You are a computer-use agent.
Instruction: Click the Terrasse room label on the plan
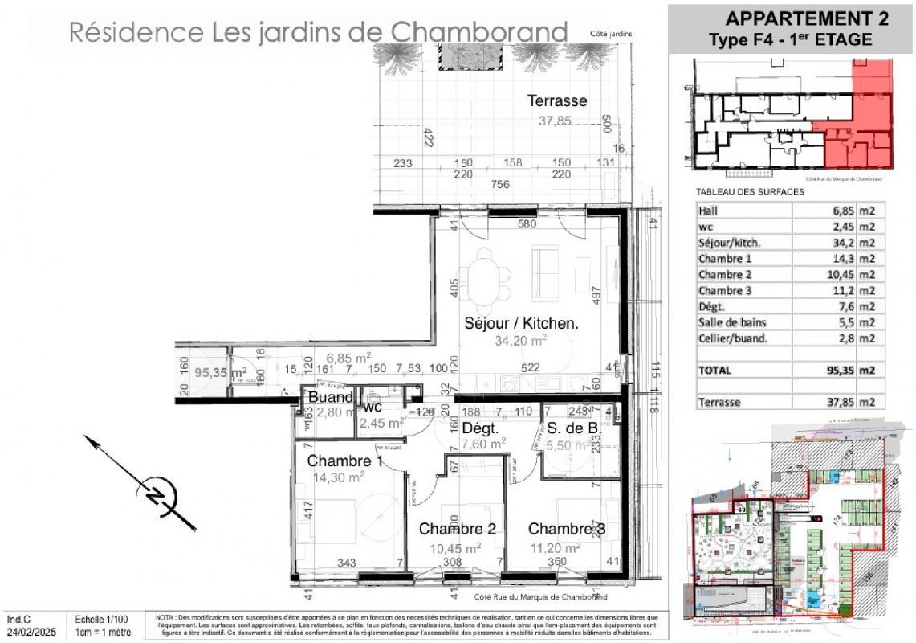(x=557, y=101)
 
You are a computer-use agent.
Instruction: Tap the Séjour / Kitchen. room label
(x=522, y=324)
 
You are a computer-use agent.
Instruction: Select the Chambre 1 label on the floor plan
(x=344, y=461)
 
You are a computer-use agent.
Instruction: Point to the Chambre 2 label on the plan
(x=457, y=529)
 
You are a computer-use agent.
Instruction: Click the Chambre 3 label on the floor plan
(x=566, y=529)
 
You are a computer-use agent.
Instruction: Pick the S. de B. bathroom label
(x=574, y=428)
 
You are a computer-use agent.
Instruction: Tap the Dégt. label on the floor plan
(x=481, y=428)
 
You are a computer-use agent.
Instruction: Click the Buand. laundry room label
(x=331, y=398)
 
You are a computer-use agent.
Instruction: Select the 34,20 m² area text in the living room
(x=522, y=341)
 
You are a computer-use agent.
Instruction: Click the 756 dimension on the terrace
(x=500, y=184)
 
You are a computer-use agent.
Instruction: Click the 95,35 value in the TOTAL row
(x=832, y=371)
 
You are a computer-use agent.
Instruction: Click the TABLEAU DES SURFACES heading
(x=749, y=192)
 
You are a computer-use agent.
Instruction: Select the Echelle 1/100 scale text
(x=102, y=620)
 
